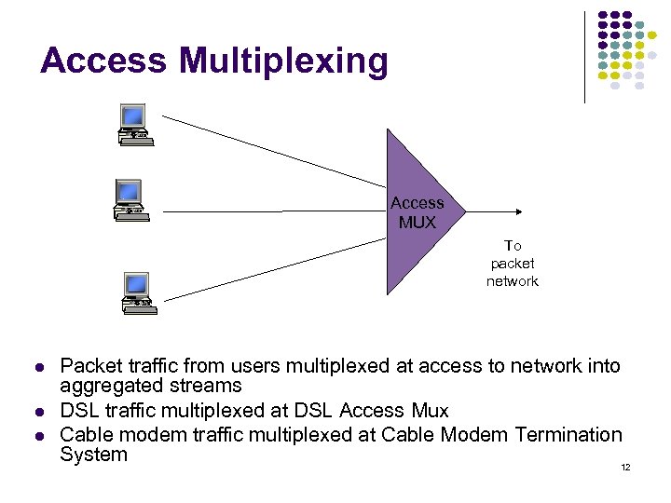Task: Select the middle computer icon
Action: [128, 197]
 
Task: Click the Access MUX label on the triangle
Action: [417, 212]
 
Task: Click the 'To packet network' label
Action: [512, 264]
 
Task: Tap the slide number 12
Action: [625, 467]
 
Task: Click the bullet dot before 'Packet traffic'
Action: [40, 367]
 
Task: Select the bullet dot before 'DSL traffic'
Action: [40, 412]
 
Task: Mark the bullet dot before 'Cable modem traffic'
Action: [40, 435]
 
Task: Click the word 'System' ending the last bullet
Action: [93, 455]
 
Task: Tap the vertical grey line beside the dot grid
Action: [584, 56]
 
